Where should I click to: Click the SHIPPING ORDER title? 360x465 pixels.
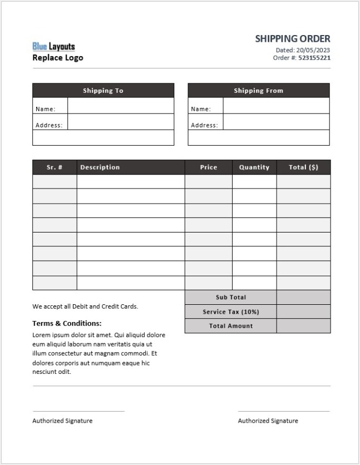293,38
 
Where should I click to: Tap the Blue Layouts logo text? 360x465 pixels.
53,47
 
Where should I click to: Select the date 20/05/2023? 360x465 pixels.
311,50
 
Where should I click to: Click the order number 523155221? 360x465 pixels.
314,57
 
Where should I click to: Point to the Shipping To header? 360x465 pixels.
103,91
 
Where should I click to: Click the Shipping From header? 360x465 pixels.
258,91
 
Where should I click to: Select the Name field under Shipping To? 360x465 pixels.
121,106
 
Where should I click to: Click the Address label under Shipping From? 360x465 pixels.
204,125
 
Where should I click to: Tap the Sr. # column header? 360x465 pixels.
55,167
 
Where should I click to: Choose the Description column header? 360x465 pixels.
100,167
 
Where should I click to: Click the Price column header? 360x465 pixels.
209,167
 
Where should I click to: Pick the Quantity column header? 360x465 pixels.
254,167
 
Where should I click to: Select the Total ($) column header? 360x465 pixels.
303,167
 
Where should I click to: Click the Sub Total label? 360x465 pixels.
231,298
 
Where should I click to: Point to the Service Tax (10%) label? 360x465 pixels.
231,312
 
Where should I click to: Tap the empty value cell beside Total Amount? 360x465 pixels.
303,326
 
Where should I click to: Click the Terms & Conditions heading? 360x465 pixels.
67,323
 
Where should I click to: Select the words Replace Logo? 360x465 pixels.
58,57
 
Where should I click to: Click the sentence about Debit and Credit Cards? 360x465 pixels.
85,306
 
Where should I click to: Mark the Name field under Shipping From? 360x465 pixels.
276,106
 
